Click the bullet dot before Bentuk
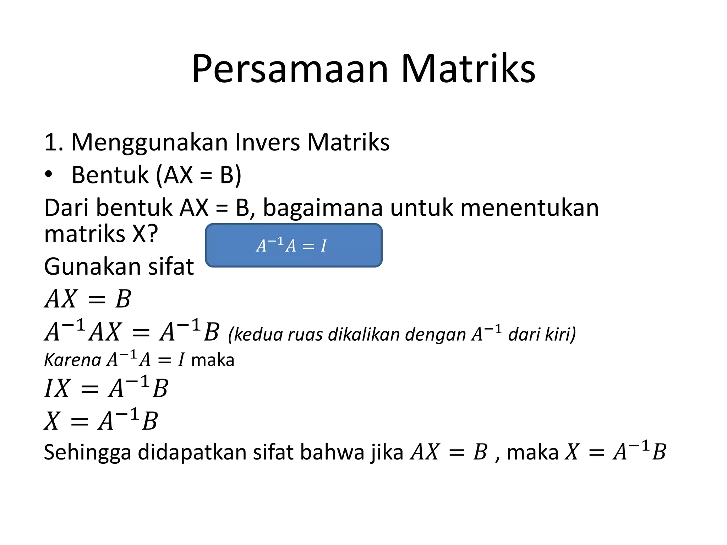[49, 175]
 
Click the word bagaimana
[323, 208]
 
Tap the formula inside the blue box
[291, 246]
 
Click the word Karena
[72, 360]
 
